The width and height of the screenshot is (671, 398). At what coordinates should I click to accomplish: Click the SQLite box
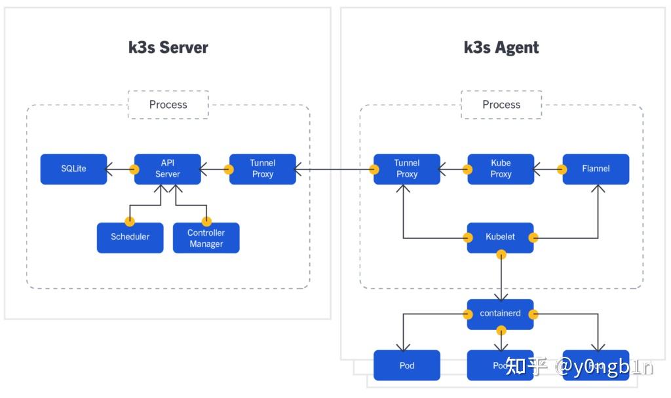coord(73,169)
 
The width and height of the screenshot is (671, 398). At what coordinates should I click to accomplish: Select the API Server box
coord(167,169)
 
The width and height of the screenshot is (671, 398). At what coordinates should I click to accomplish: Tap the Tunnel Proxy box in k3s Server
coord(262,169)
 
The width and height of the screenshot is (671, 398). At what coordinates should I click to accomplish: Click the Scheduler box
coord(130,238)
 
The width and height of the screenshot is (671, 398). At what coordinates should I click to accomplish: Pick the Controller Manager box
coord(206,238)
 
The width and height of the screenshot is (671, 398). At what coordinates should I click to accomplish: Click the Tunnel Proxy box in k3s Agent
coord(406,169)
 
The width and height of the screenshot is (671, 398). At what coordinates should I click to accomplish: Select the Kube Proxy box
coord(501,169)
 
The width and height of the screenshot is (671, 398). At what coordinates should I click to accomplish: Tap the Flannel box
coord(596,169)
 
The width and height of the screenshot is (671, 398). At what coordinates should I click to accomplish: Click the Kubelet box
coord(501,238)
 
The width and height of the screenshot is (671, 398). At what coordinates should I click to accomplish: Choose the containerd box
coord(501,314)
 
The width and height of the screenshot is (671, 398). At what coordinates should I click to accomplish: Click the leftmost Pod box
coord(406,365)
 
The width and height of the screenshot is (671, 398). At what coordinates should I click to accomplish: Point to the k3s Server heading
coord(168,48)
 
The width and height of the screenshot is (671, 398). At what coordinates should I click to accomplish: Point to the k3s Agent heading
coord(501,48)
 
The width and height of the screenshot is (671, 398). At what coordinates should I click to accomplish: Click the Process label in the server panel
coord(168,105)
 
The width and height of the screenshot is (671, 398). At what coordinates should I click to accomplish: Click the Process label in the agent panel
coord(501,105)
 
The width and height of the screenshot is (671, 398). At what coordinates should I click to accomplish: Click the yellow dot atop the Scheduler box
coord(130,222)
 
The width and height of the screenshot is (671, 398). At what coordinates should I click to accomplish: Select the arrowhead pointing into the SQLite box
coord(111,169)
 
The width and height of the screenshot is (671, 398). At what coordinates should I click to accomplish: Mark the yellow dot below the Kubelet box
coord(501,253)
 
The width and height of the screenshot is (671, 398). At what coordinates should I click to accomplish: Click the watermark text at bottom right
coord(579,367)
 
